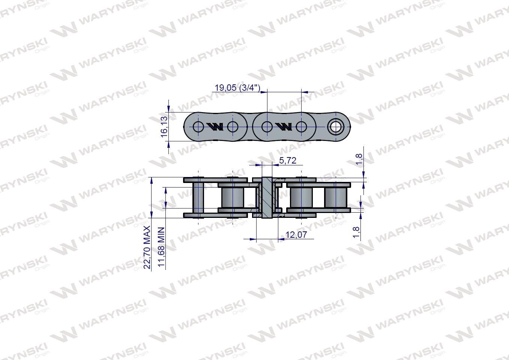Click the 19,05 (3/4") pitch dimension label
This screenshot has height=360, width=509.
237,88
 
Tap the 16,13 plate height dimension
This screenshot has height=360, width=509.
164,127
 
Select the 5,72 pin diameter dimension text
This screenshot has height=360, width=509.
288,160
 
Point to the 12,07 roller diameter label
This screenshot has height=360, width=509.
296,235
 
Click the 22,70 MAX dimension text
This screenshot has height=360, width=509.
147,247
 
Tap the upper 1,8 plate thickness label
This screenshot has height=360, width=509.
359,159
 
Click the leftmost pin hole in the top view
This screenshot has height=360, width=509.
198,127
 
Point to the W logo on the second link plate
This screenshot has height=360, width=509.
284,127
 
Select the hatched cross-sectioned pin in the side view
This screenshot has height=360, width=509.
266,198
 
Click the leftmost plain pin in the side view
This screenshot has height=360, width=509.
198,198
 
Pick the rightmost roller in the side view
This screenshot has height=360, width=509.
335,198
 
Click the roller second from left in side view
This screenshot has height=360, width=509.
233,198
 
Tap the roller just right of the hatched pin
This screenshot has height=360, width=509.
301,198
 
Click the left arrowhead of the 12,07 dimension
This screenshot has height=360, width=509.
253,238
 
